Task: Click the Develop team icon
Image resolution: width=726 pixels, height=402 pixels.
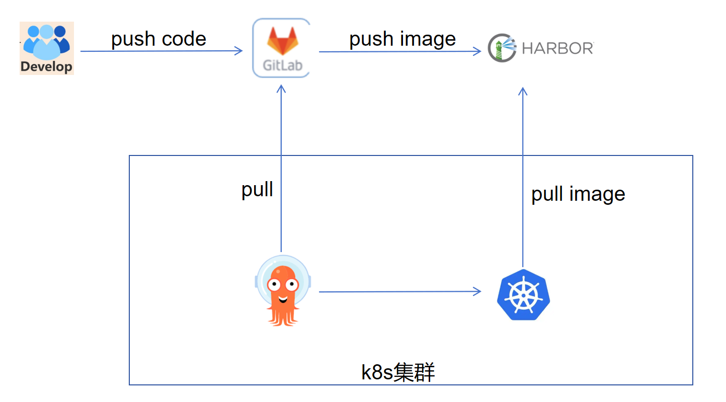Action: coord(47,48)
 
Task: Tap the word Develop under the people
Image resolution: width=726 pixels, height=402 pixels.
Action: coord(47,66)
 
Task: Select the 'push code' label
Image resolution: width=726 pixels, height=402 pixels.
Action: coord(158,39)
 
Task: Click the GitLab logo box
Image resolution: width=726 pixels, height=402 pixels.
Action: coord(281,48)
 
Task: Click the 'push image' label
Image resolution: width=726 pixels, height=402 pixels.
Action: coord(402,39)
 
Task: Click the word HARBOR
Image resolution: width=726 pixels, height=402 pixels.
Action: coord(557,48)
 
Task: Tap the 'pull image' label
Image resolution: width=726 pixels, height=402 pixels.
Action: coord(578,194)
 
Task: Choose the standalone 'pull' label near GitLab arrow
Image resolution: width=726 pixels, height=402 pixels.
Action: coord(257,190)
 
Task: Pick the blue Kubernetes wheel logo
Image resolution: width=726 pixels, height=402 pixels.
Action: coord(523,296)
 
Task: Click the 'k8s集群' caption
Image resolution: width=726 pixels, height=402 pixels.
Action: coord(398,373)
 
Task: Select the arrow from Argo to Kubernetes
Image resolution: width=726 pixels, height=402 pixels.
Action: coord(400,291)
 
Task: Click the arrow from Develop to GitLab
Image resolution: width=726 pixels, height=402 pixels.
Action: coord(161,51)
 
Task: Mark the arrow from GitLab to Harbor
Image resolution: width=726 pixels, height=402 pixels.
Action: coord(400,51)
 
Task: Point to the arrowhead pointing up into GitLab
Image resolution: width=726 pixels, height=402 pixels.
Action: coord(281,89)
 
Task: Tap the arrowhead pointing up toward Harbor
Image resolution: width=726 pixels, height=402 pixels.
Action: coord(523,91)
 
